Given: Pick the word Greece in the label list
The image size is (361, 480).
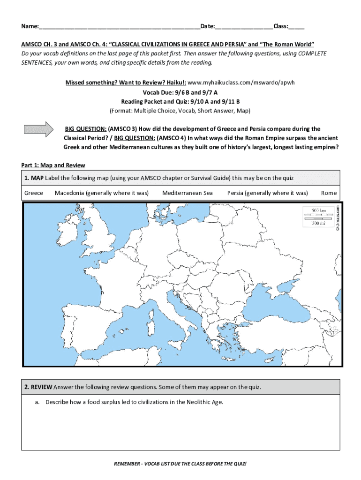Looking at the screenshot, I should pos(33,193).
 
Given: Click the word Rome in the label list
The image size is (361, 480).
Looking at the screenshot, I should pos(329,193).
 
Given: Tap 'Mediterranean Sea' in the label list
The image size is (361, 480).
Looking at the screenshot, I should pos(187,193).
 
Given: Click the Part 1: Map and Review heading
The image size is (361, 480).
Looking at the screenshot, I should pos(53,165).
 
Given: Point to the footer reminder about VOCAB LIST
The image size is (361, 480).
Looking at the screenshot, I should pos(180,464).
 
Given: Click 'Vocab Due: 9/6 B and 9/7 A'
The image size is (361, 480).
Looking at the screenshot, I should pos(180,92).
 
